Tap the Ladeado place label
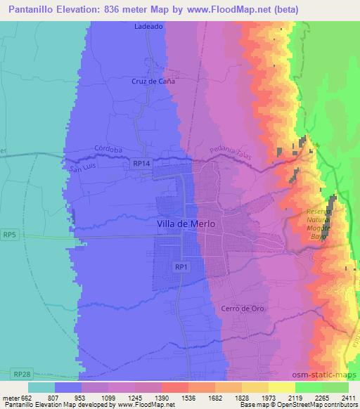[x=148, y=27]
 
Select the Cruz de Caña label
[x=153, y=81]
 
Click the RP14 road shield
[x=141, y=164]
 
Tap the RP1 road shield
[x=181, y=267]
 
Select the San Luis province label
[x=80, y=167]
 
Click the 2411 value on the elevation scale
[x=347, y=397]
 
